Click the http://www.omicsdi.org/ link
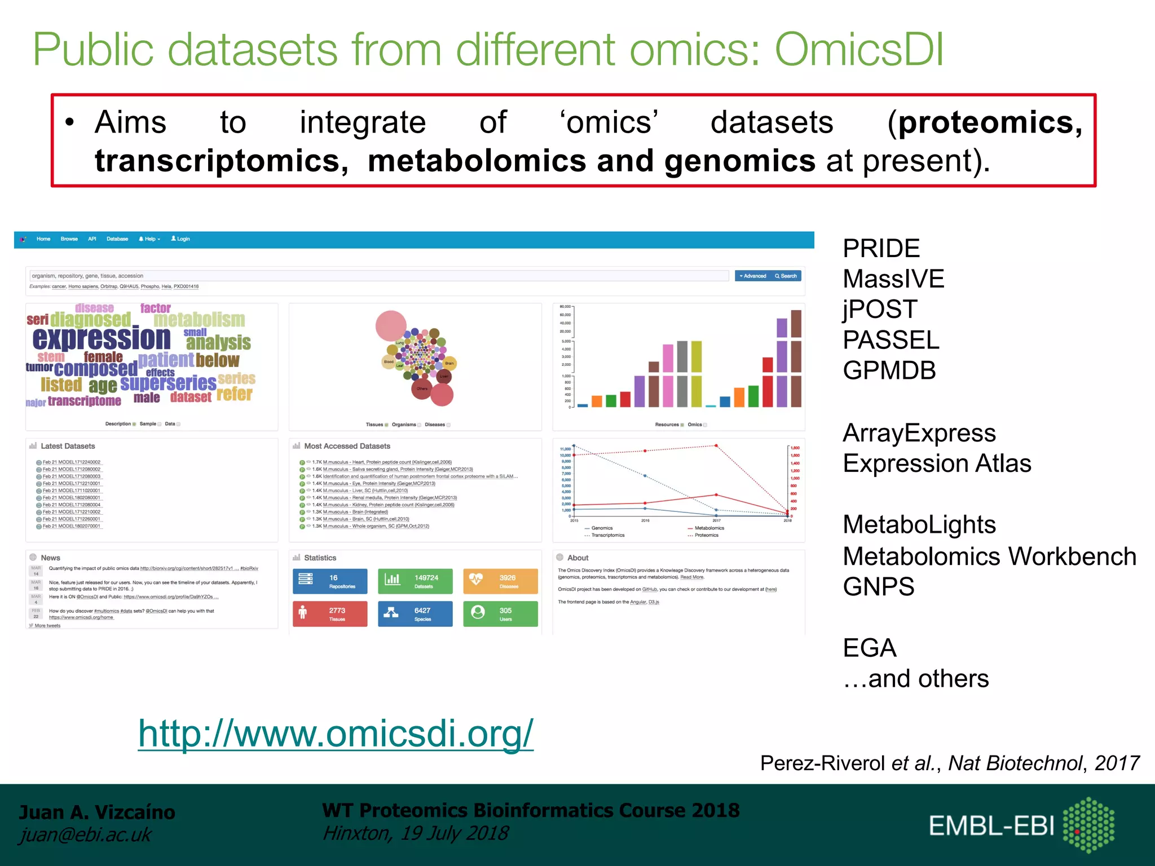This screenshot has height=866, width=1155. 336,734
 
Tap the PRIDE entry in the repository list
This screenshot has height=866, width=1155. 881,248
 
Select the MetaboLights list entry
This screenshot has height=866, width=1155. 919,524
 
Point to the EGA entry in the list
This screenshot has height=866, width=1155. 869,648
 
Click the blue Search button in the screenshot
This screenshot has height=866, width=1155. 786,276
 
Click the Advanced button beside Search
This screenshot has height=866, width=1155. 753,276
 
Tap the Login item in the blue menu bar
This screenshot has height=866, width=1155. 180,239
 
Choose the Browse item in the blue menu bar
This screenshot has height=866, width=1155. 69,239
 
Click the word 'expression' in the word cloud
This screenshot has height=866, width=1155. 102,338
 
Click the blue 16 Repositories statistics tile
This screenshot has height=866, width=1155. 330,581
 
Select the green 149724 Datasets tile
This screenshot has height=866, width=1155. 415,581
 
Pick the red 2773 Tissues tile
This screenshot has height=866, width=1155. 330,613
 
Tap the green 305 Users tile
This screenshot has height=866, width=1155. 500,613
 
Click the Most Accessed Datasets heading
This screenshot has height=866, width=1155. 347,446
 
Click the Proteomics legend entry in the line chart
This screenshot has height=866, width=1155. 706,535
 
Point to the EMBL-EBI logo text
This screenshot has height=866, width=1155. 991,826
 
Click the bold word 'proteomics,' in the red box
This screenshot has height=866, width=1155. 990,122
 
